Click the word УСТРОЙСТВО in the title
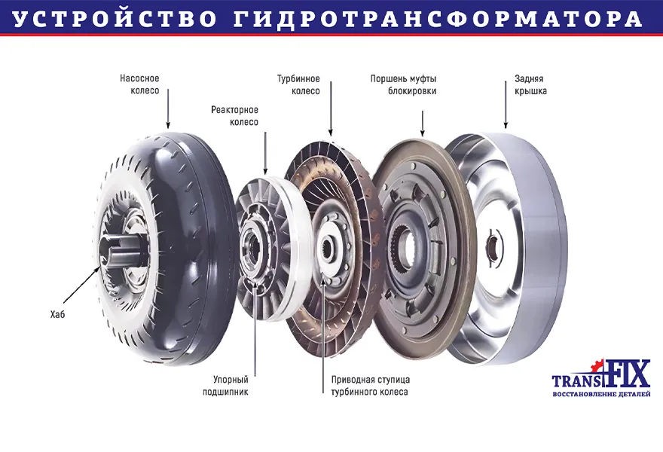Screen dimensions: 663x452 [115, 19]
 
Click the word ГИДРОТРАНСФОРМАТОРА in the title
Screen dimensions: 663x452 [438, 20]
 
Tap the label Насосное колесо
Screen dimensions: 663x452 [139, 84]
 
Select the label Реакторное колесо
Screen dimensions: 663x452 [234, 116]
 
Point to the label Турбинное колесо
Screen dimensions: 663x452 [298, 84]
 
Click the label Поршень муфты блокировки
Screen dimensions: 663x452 [403, 84]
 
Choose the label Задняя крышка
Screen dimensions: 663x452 [530, 84]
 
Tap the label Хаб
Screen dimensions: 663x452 [57, 314]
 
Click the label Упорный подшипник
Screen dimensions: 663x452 [226, 386]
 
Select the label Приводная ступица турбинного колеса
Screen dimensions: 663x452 [371, 386]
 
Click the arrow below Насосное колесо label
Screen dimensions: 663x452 [168, 108]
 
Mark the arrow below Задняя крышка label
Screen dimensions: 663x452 [506, 105]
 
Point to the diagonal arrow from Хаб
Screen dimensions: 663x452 [82, 287]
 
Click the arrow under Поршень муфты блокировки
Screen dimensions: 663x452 [423, 124]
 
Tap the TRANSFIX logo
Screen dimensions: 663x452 [601, 374]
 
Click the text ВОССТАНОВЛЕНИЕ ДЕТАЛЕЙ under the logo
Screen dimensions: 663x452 [601, 394]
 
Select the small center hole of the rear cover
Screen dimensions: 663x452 [493, 246]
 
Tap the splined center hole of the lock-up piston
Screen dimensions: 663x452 [407, 247]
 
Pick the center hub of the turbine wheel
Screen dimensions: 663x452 [329, 246]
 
